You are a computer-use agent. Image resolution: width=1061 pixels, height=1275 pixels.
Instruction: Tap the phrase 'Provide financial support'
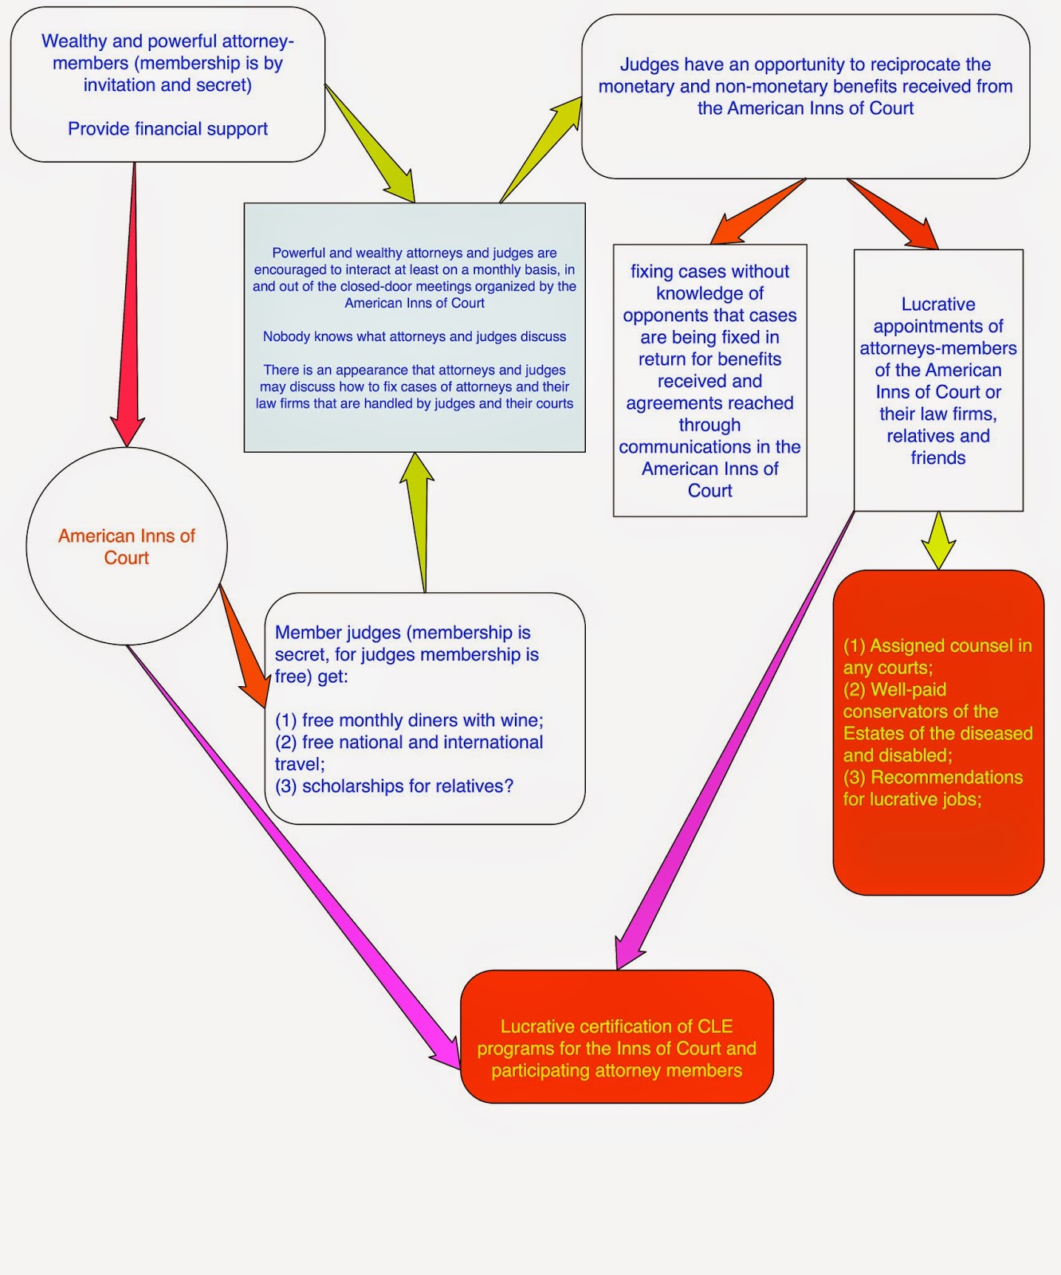coord(167,129)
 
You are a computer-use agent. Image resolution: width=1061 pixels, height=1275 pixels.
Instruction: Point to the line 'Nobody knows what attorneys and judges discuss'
coord(415,337)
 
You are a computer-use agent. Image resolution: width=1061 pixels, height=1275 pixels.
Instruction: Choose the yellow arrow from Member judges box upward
coord(420,523)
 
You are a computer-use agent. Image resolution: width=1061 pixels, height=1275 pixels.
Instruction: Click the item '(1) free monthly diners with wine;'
coord(409,720)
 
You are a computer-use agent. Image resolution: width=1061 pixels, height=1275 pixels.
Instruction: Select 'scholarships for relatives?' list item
coord(394,787)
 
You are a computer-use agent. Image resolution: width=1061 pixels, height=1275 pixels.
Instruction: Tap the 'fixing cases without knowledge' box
coord(709,380)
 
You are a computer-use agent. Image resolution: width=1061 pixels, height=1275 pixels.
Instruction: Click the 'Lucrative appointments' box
coord(938,380)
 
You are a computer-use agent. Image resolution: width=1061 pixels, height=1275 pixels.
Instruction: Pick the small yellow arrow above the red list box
coord(939,540)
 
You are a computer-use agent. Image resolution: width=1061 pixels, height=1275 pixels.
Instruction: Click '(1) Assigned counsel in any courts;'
coord(937,657)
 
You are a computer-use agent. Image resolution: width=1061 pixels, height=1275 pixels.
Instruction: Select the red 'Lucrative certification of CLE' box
coord(617,1037)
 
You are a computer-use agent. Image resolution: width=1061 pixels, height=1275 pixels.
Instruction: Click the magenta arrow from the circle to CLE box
coord(293,857)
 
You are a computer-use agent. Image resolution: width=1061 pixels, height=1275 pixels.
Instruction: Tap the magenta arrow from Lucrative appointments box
coord(734,741)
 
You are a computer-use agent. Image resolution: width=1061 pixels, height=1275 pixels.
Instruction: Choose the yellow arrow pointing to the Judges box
coord(540,150)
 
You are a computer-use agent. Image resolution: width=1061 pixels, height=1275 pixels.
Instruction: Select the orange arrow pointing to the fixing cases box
coord(757,210)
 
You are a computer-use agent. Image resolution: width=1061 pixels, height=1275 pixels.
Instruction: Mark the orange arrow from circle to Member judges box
coord(243,646)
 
